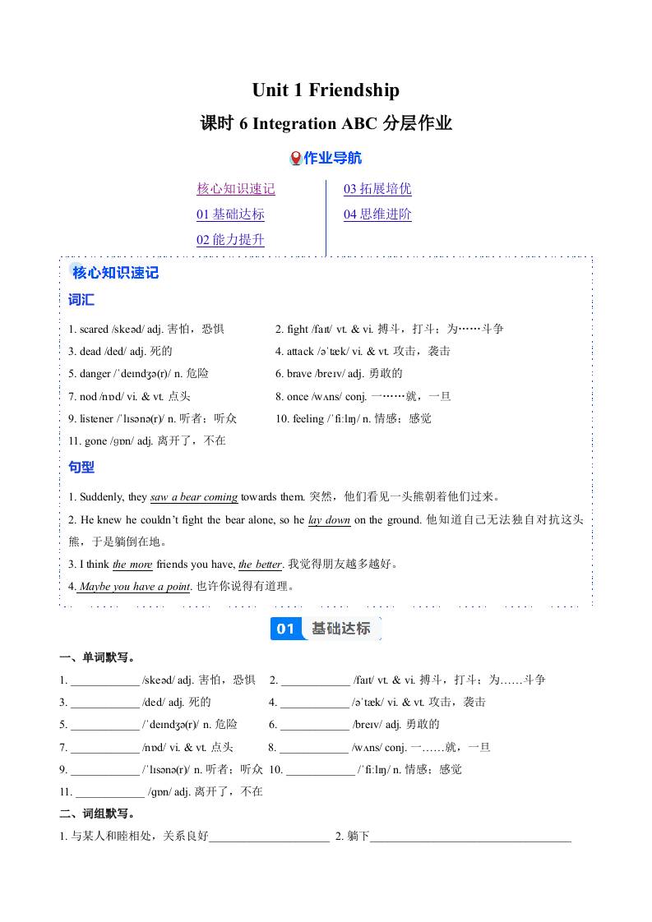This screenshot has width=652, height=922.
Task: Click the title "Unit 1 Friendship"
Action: point(326,90)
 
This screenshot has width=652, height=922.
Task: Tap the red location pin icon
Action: point(296,158)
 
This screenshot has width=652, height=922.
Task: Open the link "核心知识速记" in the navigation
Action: point(235,189)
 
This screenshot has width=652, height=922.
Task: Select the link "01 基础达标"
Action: point(230,214)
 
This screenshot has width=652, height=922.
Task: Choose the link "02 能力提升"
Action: point(230,240)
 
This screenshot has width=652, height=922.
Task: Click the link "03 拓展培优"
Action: point(377,189)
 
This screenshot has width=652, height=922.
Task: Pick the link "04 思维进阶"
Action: point(377,214)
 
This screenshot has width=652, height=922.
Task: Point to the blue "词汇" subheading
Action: point(81,300)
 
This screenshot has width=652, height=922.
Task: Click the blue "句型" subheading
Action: point(81,467)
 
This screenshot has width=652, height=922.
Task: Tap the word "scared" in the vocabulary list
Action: point(94,329)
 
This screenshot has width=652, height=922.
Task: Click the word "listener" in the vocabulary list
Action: point(97,418)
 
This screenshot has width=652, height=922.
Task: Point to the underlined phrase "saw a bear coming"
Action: point(194,497)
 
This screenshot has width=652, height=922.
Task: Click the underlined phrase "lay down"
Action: point(329,520)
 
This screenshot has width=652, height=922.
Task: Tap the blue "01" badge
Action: point(285,629)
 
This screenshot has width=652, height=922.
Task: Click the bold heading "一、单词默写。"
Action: point(97,657)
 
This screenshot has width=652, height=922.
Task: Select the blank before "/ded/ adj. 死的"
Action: point(104,703)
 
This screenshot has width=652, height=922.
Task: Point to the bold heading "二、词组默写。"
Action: point(97,814)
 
